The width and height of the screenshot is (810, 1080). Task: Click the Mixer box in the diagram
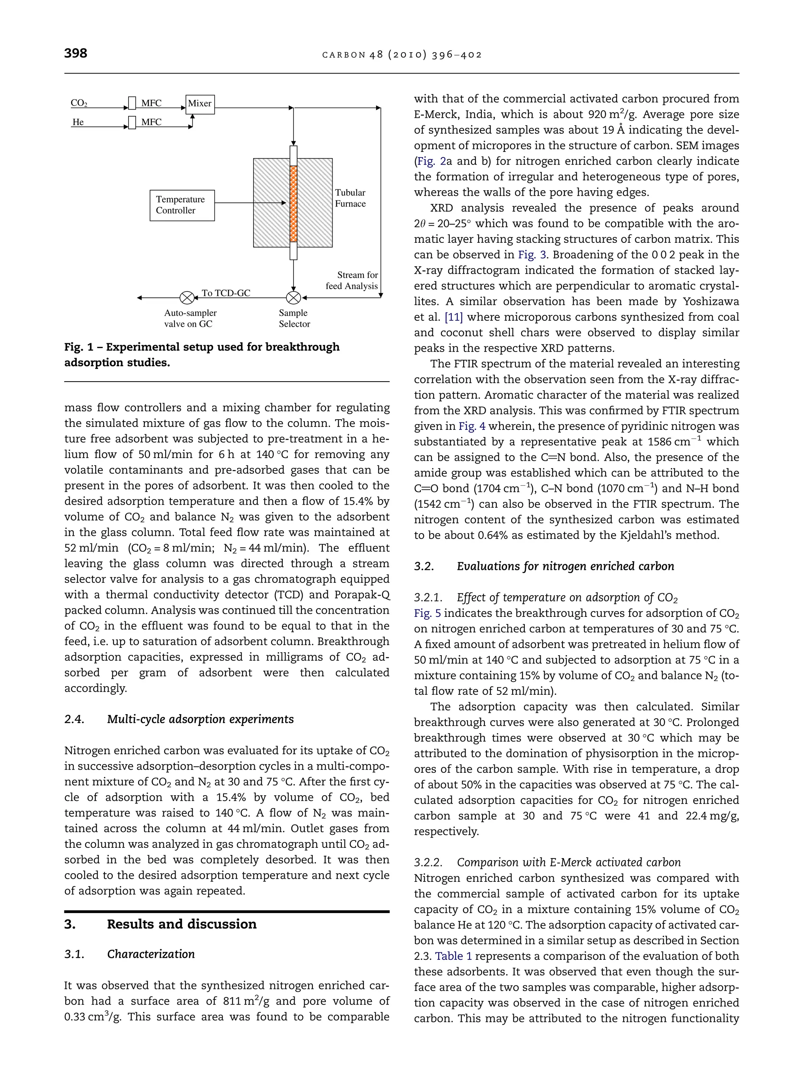[x=200, y=104]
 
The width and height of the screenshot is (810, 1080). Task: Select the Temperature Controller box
[x=182, y=205]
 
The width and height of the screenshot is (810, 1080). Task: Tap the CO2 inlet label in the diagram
[x=79, y=103]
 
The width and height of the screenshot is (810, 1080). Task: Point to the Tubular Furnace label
[x=350, y=198]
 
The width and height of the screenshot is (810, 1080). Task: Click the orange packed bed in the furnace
[x=293, y=204]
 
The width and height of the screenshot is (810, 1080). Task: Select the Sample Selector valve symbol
[x=293, y=297]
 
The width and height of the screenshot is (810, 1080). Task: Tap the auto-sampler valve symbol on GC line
[x=187, y=297]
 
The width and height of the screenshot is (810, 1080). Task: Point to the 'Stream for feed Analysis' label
[x=352, y=281]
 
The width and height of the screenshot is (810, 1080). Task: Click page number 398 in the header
[x=76, y=53]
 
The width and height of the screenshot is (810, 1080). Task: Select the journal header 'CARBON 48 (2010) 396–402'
[x=402, y=55]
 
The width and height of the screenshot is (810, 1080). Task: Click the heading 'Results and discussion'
[x=181, y=924]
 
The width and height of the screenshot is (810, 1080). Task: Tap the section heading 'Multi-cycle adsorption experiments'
[x=200, y=719]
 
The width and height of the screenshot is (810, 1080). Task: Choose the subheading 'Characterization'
[x=150, y=954]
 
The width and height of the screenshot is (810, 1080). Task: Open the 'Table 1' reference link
[x=453, y=956]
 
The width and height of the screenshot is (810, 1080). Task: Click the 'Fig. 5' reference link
[x=427, y=613]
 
